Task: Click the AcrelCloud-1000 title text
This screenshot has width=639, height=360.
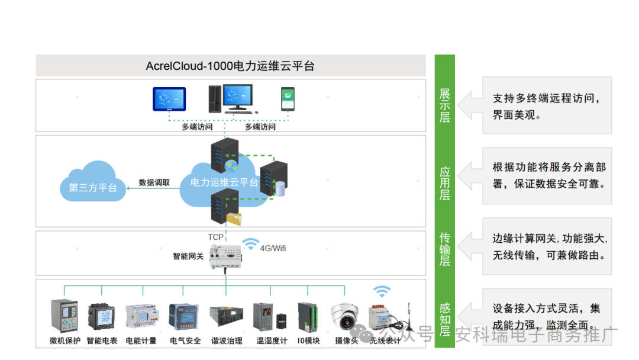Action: (x=230, y=66)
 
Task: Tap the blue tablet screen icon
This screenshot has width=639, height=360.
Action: (x=169, y=99)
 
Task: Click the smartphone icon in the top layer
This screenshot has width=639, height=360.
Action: (x=288, y=99)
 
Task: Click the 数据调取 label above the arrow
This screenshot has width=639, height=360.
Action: (x=154, y=182)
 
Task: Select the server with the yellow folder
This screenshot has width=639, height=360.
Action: (x=227, y=207)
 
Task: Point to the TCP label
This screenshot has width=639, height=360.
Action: (x=215, y=237)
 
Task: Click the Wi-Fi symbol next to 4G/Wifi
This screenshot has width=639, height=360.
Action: (x=251, y=244)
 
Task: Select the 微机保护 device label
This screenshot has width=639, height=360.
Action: (x=65, y=341)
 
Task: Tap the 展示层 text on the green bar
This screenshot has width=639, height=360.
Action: (x=445, y=105)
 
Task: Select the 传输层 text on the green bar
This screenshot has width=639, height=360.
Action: (x=445, y=249)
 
